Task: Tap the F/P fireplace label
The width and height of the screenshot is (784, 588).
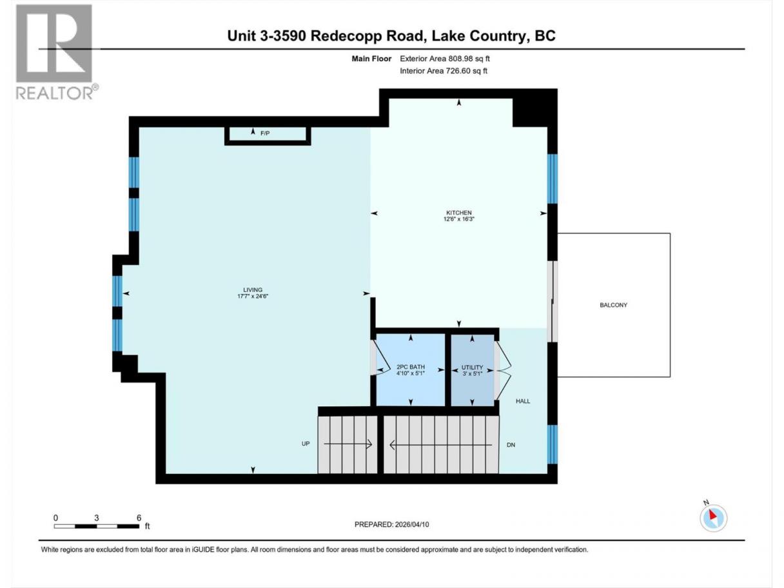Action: point(265,133)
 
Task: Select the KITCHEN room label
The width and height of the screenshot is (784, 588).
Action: point(458,212)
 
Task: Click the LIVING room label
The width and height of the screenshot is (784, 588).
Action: point(253,290)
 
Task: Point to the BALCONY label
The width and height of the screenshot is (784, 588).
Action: point(613,305)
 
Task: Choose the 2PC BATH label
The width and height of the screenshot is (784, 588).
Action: point(411,367)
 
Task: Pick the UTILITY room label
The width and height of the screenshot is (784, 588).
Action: point(472,367)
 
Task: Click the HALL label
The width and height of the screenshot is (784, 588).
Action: point(523,401)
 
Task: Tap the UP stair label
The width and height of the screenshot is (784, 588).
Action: point(306,444)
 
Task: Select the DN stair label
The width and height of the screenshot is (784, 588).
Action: point(511,445)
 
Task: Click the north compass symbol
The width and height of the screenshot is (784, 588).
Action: point(713,517)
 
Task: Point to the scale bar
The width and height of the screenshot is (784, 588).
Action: point(97,526)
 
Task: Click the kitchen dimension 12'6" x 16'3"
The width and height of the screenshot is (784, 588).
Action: point(458,219)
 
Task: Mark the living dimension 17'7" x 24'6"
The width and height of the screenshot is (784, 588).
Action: point(253,296)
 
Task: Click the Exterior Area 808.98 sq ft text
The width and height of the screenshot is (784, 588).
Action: point(445,59)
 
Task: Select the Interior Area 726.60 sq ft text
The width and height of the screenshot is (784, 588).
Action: point(443,71)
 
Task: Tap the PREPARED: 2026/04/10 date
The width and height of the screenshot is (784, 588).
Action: point(392,524)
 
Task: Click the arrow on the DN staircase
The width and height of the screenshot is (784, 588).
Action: point(441,445)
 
